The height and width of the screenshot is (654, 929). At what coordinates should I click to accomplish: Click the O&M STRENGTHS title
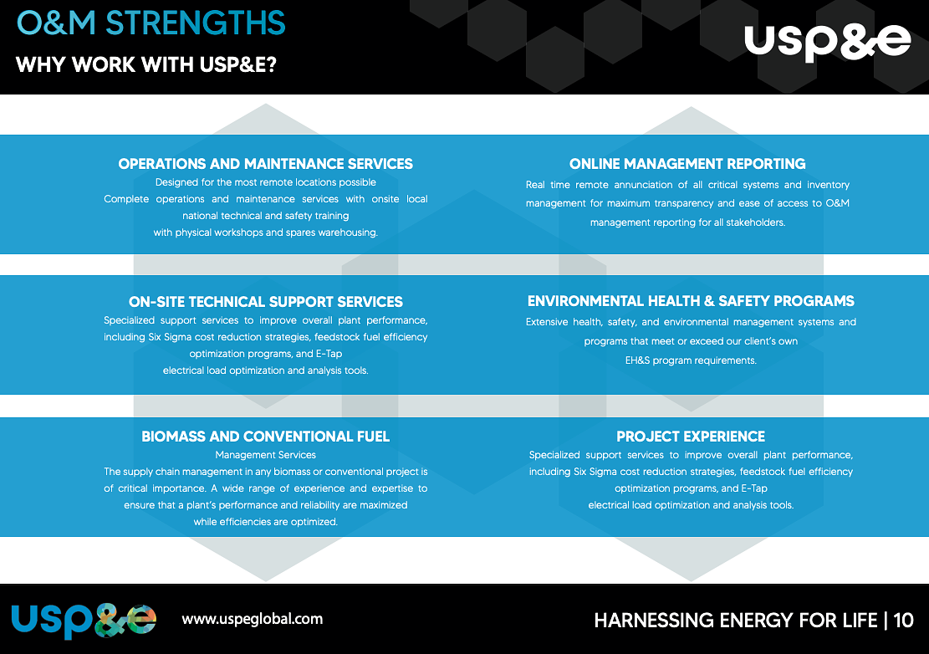click(151, 23)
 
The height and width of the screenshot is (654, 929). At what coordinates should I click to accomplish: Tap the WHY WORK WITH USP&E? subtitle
click(146, 64)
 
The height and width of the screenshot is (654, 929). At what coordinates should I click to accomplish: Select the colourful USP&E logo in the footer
click(84, 620)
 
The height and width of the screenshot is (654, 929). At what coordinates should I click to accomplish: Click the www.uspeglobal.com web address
click(252, 620)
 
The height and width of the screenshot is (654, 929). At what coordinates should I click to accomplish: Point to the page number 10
click(903, 621)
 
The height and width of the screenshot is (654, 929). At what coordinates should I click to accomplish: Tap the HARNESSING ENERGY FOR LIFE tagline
click(735, 621)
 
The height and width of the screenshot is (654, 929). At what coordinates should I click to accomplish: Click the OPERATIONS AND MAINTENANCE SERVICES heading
click(266, 164)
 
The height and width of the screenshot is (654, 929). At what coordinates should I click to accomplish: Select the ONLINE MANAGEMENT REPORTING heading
click(687, 164)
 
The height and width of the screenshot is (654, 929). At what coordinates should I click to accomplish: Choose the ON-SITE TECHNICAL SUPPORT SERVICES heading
click(266, 302)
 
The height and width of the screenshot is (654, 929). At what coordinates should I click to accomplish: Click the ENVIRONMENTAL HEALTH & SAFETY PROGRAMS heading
click(691, 301)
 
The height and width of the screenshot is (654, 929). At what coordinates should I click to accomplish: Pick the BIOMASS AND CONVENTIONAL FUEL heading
click(266, 437)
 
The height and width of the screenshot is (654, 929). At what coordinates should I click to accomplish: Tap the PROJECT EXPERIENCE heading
click(691, 437)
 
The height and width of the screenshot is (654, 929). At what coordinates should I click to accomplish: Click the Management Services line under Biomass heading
click(266, 455)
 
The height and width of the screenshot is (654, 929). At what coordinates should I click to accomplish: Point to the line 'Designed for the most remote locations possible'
click(266, 182)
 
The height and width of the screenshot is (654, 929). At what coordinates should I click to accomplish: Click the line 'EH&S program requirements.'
click(691, 360)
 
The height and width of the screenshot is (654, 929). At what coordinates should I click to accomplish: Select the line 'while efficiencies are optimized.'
click(266, 522)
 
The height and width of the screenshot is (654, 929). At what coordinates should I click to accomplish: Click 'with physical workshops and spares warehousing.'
click(266, 232)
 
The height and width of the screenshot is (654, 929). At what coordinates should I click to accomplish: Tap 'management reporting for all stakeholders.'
click(687, 222)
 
